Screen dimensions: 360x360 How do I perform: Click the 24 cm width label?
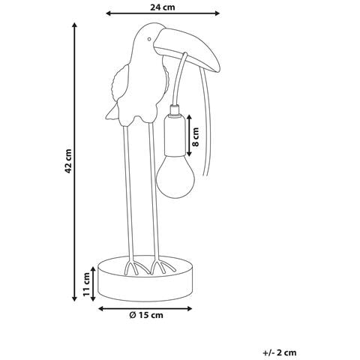(163, 7)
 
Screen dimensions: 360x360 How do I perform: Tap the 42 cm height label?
(68, 161)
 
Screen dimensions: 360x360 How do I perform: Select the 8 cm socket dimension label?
(196, 136)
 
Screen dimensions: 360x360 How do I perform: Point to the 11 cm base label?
(87, 284)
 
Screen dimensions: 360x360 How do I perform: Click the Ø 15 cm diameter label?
(146, 315)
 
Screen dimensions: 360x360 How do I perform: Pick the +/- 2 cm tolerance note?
(280, 352)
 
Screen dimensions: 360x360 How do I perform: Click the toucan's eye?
(149, 39)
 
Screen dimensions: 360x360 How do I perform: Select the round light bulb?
(175, 177)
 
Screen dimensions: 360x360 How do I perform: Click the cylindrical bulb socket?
(175, 136)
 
